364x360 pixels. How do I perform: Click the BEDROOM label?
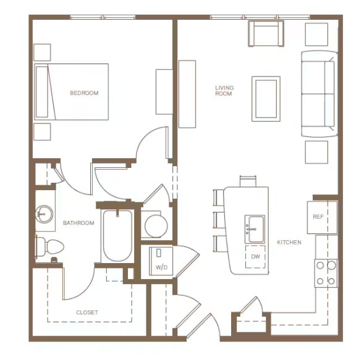84,93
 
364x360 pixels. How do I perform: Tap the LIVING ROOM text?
224,91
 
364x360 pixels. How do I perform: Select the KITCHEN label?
289,243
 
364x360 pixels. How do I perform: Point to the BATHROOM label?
78,223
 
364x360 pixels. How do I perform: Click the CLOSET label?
87,312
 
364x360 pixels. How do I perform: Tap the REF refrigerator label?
318,217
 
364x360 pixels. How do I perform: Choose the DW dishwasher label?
255,256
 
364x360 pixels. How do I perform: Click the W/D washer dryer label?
161,267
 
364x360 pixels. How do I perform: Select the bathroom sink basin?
44,214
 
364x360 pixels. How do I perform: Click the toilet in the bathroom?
49,246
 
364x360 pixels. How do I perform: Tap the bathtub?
117,236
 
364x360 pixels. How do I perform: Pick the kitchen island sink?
255,229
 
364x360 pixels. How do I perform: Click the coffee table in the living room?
266,99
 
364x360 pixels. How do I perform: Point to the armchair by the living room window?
266,33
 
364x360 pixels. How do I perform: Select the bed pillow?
42,92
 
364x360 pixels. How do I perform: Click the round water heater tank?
156,226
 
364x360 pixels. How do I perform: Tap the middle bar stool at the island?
219,220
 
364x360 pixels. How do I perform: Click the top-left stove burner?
320,266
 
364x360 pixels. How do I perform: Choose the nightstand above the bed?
42,52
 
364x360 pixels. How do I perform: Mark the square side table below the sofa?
316,152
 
